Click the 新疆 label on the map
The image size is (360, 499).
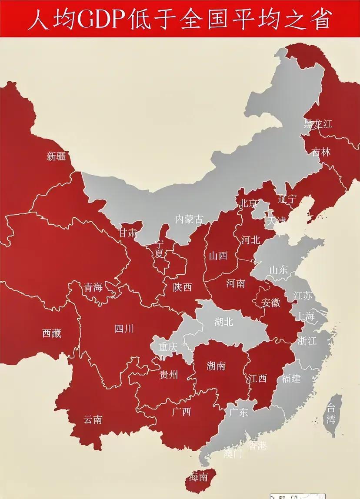(56, 156)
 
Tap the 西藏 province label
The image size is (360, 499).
(52, 333)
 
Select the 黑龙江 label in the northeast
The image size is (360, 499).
(318, 124)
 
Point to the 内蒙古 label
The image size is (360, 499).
(189, 220)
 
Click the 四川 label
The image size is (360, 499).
(124, 329)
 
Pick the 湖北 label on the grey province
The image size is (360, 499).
(224, 322)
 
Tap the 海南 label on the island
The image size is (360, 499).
(199, 477)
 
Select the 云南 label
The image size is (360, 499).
(93, 419)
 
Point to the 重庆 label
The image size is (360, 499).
(168, 347)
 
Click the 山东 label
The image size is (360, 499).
(279, 270)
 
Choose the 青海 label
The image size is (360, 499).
(93, 287)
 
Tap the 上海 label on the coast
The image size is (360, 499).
(304, 316)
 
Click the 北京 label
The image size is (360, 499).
(247, 203)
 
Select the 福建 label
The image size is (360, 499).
(291, 378)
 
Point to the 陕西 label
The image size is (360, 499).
(182, 287)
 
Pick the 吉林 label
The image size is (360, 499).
(321, 152)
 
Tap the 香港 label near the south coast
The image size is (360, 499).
(257, 446)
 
